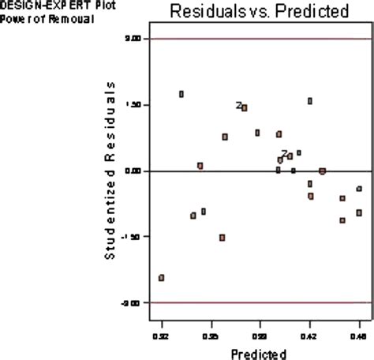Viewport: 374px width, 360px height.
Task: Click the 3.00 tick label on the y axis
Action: (x=133, y=39)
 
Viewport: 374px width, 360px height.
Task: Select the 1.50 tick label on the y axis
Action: (x=133, y=105)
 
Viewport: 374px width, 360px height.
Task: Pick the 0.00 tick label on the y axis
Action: (x=133, y=171)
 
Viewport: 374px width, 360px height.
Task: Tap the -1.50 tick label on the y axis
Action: (x=132, y=237)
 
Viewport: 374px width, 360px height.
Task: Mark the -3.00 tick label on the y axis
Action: (x=132, y=303)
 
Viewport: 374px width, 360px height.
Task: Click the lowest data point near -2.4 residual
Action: (x=162, y=278)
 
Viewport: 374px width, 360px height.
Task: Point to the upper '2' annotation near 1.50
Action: (x=238, y=105)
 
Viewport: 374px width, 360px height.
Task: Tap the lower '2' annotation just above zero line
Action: (x=284, y=154)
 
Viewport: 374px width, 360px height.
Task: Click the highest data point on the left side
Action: (x=181, y=94)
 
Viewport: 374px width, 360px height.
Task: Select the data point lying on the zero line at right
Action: (x=322, y=171)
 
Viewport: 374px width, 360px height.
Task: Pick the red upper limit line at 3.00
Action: (x=260, y=39)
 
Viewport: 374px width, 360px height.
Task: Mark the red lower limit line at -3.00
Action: (x=260, y=303)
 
